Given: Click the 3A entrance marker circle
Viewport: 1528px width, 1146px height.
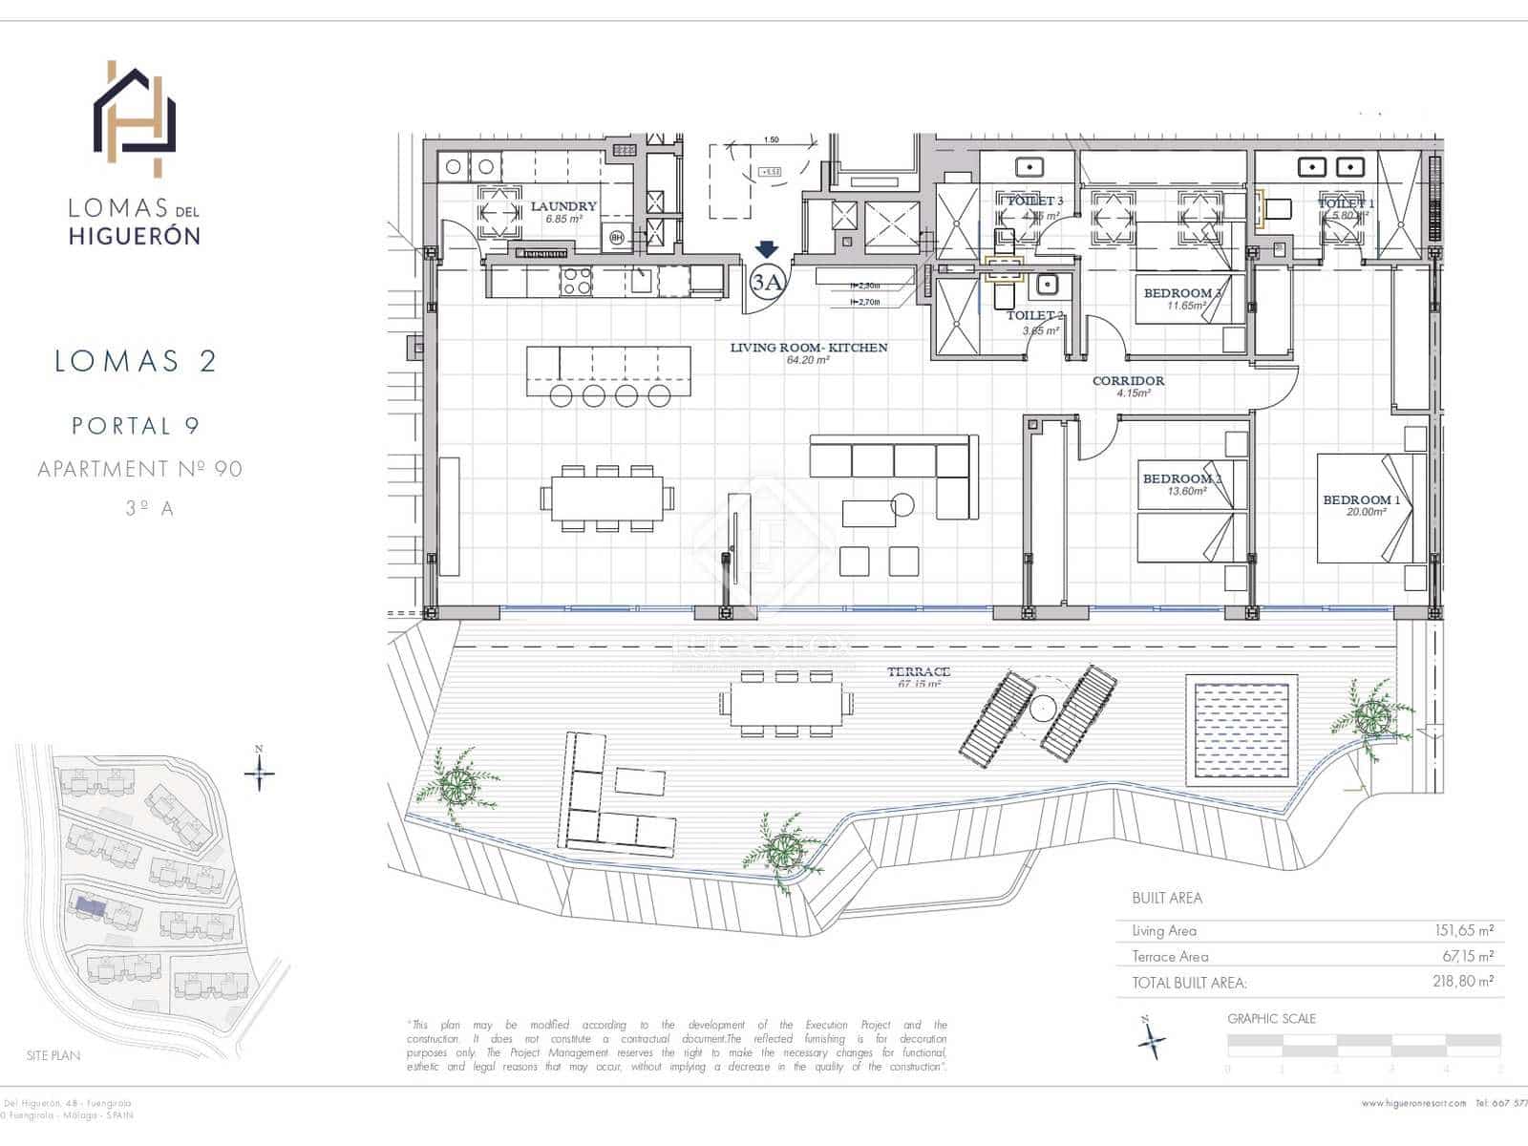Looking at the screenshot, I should pos(767,281).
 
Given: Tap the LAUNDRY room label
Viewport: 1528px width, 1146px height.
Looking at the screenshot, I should pos(563,206).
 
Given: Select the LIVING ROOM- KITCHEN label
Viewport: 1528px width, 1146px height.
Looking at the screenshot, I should pos(809,348).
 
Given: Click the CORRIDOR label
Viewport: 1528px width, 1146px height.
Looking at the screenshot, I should pos(1128,381).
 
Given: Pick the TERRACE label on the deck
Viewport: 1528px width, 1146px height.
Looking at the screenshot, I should pos(919,672).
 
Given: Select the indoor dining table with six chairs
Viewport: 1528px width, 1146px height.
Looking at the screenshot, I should pos(607,499).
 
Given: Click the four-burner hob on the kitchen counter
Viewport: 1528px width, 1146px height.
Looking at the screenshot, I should pos(576,281).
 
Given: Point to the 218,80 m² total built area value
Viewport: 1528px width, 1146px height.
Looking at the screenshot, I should pos(1464,981).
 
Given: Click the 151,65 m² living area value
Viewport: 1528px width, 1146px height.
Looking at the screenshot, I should pos(1464,930).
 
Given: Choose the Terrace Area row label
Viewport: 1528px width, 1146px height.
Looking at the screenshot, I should pos(1170,956).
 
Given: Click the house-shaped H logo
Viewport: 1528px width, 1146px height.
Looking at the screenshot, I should pos(135,118).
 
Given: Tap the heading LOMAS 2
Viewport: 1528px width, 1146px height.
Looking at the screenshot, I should pos(136,361).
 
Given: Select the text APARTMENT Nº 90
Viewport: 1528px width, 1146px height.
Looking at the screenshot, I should pos(139,469).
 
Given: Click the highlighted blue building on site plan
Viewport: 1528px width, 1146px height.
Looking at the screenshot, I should pos(92,904).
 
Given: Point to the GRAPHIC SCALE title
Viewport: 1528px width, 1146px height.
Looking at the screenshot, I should pos(1271,1019).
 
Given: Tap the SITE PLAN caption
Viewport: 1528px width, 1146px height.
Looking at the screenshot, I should pos(53,1055).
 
